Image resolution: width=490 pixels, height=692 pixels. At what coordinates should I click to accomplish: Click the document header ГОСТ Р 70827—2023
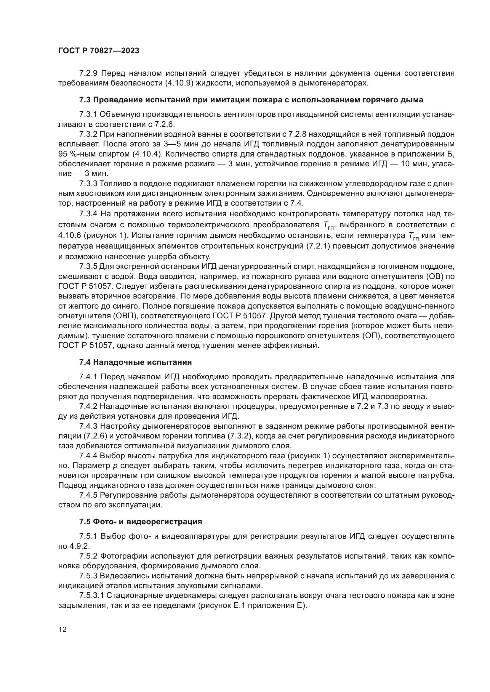coord(99,51)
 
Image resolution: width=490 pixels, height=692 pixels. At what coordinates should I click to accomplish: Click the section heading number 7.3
coord(85,100)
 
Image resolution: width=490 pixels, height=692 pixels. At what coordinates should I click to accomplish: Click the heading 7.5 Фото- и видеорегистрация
coord(141,521)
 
